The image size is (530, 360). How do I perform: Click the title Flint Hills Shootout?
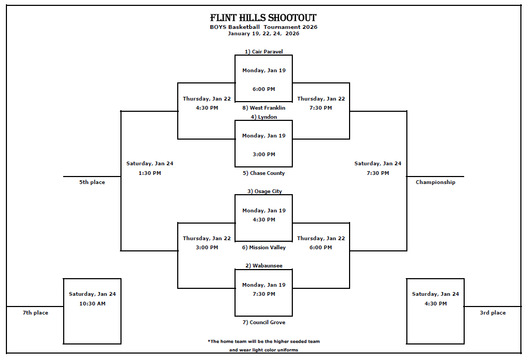pyautogui.click(x=263, y=18)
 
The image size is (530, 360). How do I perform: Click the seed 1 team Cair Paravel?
pyautogui.click(x=263, y=52)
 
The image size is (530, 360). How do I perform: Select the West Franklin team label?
pyautogui.click(x=263, y=108)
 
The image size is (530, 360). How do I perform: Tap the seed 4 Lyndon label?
pyautogui.click(x=263, y=117)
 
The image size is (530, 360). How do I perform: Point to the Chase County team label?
pyautogui.click(x=263, y=173)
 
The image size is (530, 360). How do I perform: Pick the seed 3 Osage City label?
pyautogui.click(x=264, y=192)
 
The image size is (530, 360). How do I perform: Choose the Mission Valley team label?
pyautogui.click(x=263, y=248)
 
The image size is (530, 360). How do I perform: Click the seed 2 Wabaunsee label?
pyautogui.click(x=263, y=266)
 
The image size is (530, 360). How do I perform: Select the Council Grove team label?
pyautogui.click(x=263, y=323)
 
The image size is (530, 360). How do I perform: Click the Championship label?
pyautogui.click(x=435, y=182)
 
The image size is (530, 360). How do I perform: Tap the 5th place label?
pyautogui.click(x=92, y=182)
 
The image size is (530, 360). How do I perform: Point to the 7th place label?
pyautogui.click(x=35, y=313)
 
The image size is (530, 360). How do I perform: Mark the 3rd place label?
pyautogui.click(x=493, y=313)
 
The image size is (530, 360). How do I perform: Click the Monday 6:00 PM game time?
pyautogui.click(x=263, y=89)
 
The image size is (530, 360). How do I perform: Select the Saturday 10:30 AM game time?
pyautogui.click(x=92, y=304)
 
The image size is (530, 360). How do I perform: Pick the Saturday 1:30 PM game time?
pyautogui.click(x=149, y=173)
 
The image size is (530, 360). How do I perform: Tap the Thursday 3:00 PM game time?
pyautogui.click(x=207, y=248)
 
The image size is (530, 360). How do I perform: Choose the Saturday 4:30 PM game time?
pyautogui.click(x=435, y=304)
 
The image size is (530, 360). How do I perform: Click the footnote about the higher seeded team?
pyautogui.click(x=263, y=341)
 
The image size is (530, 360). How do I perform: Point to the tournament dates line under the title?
pyautogui.click(x=263, y=34)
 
